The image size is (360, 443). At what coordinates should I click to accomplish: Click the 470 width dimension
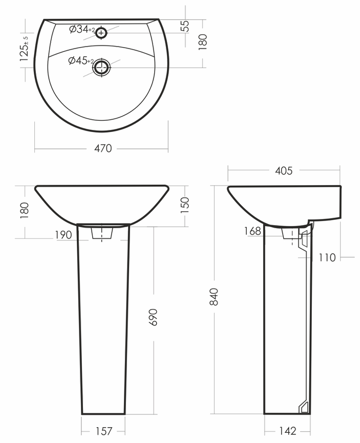(103, 148)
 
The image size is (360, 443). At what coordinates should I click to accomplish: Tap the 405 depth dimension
(284, 171)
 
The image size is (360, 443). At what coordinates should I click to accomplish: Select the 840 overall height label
(214, 297)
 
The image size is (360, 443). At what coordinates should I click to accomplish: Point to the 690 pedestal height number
(153, 317)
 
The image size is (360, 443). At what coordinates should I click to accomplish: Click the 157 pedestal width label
(104, 431)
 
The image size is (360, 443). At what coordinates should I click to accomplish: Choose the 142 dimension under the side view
(288, 431)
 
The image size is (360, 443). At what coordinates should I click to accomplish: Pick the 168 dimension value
(252, 231)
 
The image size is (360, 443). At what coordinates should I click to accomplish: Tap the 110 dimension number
(327, 258)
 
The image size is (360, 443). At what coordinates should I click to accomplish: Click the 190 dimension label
(63, 235)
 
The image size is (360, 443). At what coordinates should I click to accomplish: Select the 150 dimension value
(184, 205)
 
